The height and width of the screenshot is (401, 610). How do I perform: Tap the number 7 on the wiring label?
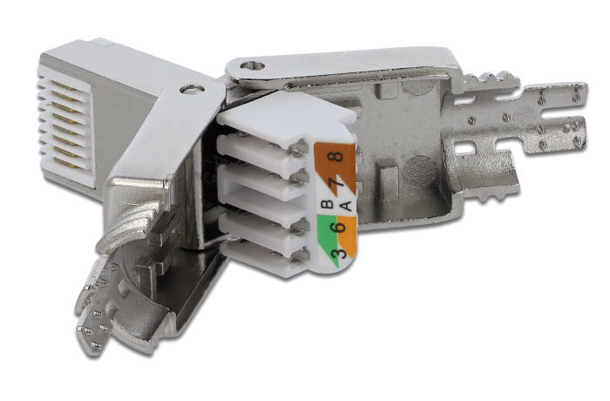(334, 185)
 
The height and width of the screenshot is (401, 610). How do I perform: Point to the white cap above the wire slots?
(288, 118)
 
